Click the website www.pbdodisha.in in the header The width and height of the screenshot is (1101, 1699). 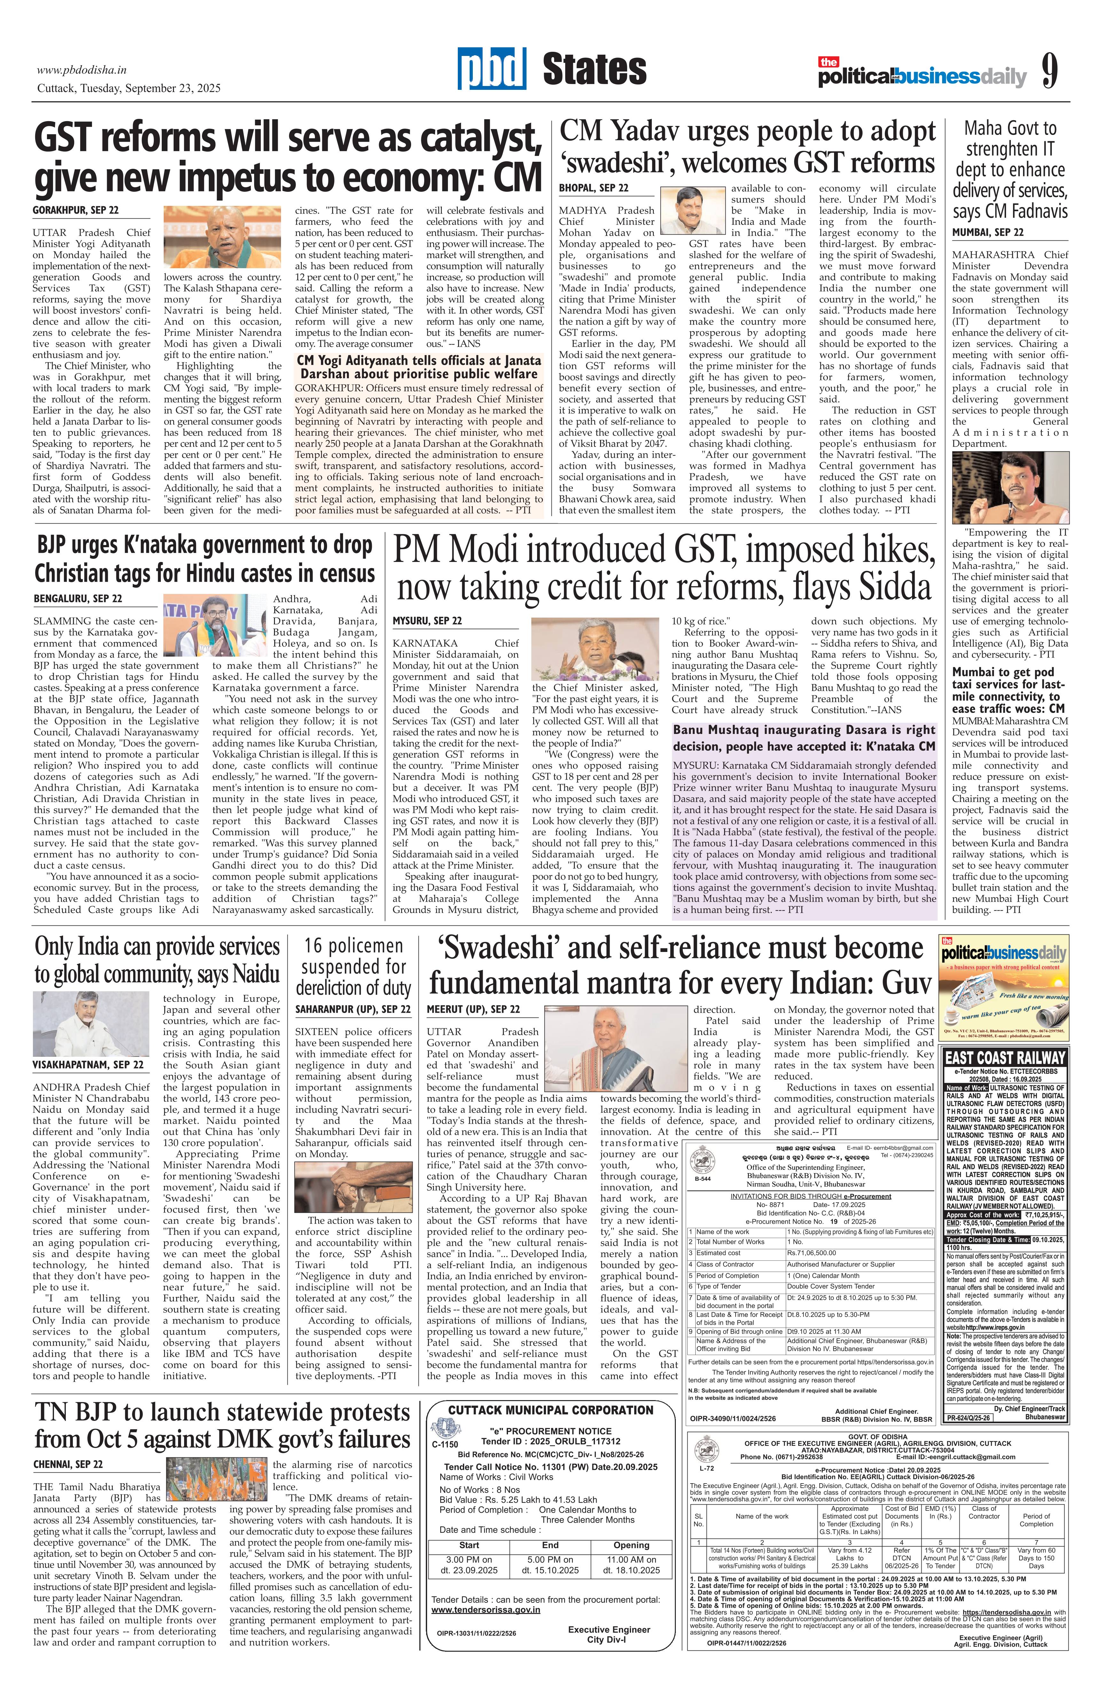82,70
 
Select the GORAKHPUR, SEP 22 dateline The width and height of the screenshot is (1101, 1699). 76,211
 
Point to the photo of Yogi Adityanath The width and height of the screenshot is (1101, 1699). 223,237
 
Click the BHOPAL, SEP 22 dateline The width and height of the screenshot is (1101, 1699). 593,188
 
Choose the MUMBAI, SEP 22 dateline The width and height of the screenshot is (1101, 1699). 988,232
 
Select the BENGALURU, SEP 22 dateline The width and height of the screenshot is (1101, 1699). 77,598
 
